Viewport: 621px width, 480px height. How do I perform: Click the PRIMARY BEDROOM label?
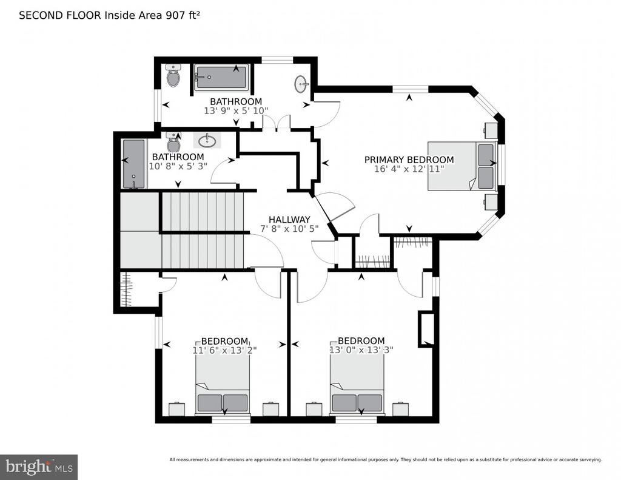tap(409, 160)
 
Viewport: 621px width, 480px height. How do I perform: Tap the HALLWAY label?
tap(289, 220)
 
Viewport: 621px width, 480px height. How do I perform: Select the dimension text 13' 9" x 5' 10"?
tap(236, 111)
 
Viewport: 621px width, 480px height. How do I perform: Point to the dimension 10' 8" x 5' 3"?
tap(178, 166)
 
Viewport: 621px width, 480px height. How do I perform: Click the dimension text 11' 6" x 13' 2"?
tap(224, 350)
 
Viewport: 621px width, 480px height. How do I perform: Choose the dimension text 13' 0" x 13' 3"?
tap(361, 350)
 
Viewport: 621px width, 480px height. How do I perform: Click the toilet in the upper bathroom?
tap(173, 76)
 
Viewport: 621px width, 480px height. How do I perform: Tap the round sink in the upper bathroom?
tap(301, 84)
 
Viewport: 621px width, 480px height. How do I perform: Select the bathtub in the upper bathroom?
tap(221, 78)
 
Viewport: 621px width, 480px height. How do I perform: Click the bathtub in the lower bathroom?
tap(134, 164)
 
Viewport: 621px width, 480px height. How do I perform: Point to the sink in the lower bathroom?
tap(207, 140)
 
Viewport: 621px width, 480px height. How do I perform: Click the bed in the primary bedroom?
tap(462, 166)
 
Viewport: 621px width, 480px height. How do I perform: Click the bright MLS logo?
tap(39, 467)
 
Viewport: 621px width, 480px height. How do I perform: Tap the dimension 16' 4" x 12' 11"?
tap(409, 169)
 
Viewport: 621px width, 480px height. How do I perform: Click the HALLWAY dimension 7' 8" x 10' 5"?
tap(289, 229)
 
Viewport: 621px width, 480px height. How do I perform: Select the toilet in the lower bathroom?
tap(173, 143)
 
